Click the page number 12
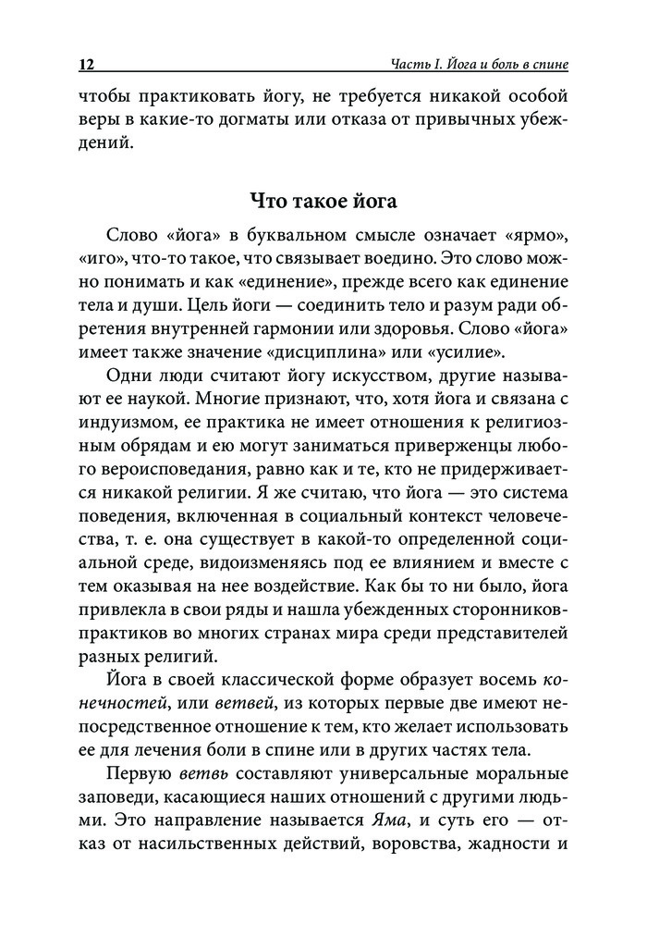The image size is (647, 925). click(x=88, y=66)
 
